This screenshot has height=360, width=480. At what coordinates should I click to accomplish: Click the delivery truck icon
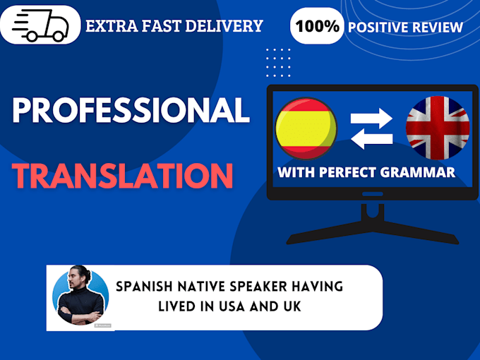click(x=40, y=26)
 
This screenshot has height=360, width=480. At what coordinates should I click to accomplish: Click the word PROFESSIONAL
click(x=131, y=110)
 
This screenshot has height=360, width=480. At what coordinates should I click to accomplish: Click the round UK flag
click(x=437, y=128)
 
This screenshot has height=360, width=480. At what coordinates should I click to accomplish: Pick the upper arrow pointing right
click(x=371, y=116)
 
